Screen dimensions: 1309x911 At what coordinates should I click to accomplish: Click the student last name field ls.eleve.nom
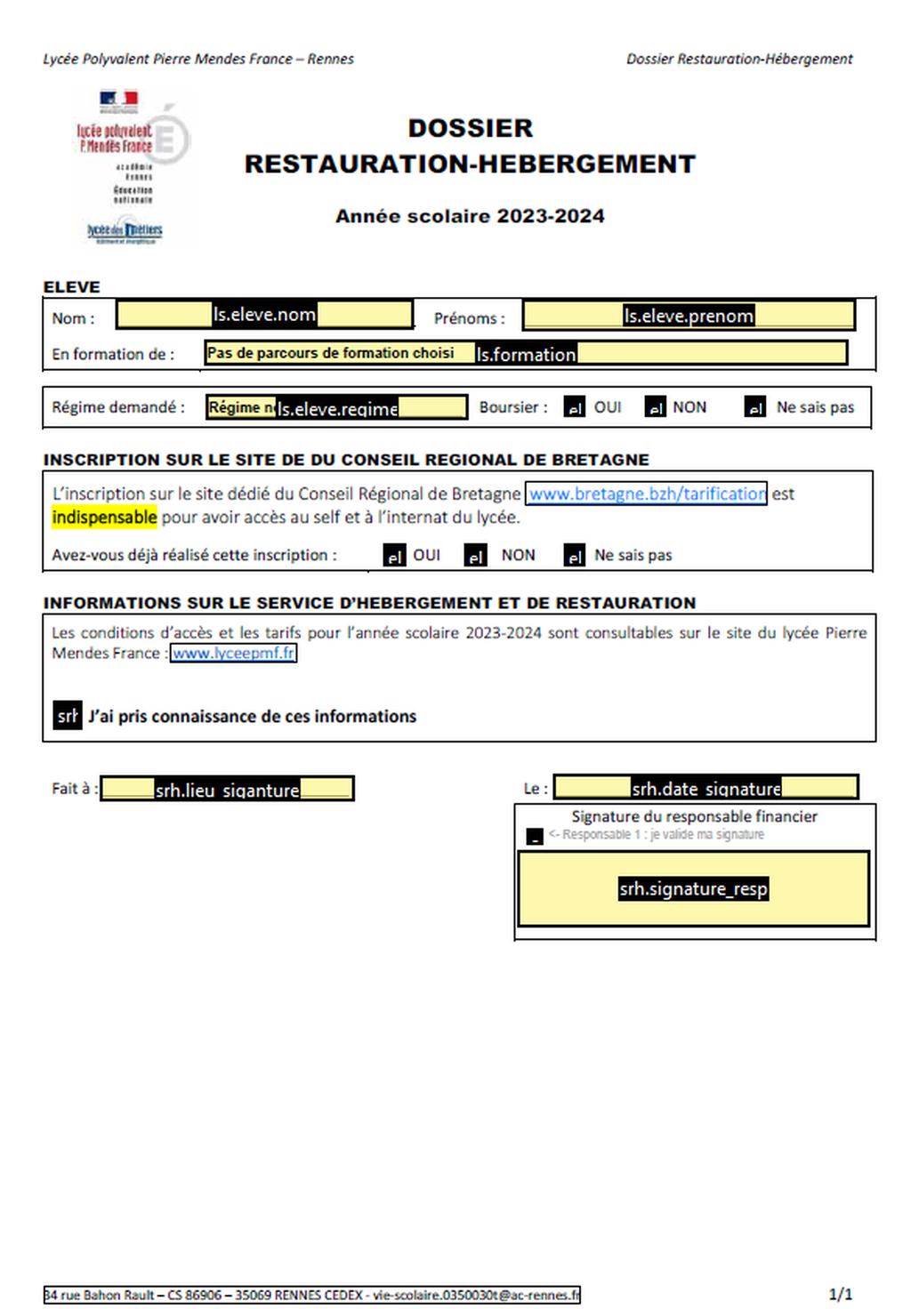coord(264,314)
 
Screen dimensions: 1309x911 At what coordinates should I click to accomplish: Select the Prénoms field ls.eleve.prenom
coord(688,315)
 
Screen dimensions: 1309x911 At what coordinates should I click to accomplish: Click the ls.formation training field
coord(525,353)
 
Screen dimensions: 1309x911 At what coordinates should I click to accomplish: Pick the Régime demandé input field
coord(336,407)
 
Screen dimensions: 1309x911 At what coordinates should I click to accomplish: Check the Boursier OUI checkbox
coord(575,407)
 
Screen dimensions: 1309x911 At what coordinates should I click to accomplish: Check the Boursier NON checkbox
coord(656,407)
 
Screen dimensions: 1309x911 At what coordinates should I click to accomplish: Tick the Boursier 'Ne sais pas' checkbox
coord(755,407)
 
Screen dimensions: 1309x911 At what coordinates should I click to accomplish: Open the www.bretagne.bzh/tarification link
coord(647,494)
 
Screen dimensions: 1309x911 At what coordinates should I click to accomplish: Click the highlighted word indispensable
coord(105,518)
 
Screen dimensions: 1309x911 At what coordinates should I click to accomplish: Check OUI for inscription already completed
coord(394,556)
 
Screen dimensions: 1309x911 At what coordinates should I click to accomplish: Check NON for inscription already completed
coord(476,556)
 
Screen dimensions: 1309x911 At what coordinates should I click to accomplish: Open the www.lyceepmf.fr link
coord(233,654)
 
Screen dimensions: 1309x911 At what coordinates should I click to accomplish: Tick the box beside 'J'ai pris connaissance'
coord(68,715)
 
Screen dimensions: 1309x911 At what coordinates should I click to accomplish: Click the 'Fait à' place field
coord(227,789)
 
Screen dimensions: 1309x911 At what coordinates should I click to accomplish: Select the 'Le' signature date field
coord(706,787)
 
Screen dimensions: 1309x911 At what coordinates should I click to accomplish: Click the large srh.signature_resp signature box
coord(693,888)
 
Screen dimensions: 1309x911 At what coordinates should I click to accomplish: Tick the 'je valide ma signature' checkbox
coord(535,836)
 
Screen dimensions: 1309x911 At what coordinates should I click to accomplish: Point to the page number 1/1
coord(840,1294)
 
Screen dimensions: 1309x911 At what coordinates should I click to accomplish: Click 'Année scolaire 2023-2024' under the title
coord(470,216)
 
